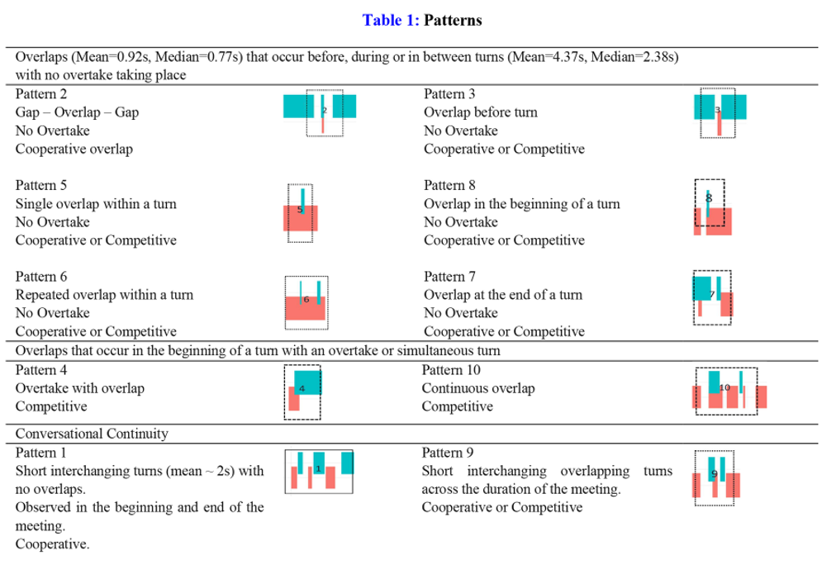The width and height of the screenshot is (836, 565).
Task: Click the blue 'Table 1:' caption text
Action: click(x=392, y=21)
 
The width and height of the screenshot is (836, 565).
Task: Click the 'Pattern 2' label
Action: click(x=41, y=94)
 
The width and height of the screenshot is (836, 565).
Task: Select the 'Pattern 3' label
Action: click(x=449, y=94)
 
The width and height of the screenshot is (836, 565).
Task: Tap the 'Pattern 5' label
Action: click(x=41, y=185)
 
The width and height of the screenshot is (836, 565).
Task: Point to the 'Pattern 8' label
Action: click(x=449, y=185)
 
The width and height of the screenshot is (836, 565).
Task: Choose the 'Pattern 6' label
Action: click(x=41, y=277)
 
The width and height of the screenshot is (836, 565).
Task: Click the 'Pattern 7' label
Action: click(x=449, y=277)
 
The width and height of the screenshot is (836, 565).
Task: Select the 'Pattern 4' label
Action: click(x=41, y=369)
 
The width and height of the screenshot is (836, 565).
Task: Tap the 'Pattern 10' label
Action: click(x=451, y=369)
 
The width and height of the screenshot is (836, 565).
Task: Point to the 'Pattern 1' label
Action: click(x=41, y=453)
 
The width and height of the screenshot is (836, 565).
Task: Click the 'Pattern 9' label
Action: click(x=448, y=453)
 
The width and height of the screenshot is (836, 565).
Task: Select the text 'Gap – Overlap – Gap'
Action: click(x=76, y=112)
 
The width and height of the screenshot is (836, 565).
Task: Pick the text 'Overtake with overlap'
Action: click(x=80, y=388)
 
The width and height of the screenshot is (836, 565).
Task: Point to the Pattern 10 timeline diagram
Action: click(x=728, y=391)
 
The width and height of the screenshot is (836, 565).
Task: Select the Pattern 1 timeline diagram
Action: click(x=319, y=472)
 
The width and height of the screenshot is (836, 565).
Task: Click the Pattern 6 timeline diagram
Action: click(x=306, y=301)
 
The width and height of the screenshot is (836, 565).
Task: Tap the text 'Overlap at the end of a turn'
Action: click(x=503, y=295)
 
